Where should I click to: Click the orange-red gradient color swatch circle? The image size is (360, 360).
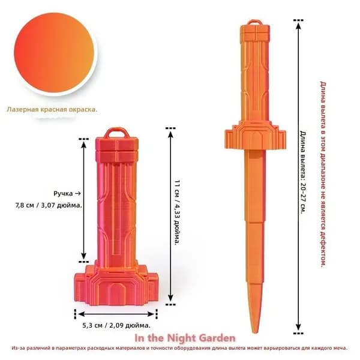click(x=54, y=53)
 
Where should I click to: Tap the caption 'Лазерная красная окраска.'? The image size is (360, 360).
click(x=52, y=110)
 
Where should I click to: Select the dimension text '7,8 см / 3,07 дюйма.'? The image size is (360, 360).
click(x=49, y=205)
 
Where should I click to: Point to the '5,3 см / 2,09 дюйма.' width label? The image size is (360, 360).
click(x=116, y=325)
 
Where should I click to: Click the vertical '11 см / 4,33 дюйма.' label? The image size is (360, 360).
click(x=177, y=212)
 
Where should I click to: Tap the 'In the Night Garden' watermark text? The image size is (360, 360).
click(x=185, y=338)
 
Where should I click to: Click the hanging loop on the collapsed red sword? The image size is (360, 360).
click(x=116, y=133)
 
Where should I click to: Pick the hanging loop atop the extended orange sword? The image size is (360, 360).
click(x=254, y=23)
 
